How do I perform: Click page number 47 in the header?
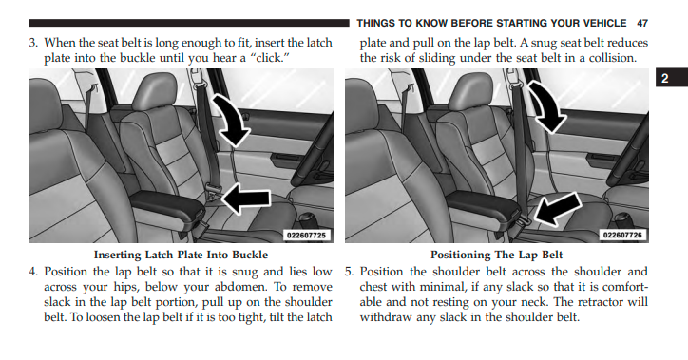[x=642, y=23]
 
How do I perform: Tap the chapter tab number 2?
[x=665, y=78]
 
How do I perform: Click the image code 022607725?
[x=306, y=236]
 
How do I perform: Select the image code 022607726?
[x=622, y=236]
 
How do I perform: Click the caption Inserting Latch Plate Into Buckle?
[x=181, y=255]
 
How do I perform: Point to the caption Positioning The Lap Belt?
[x=496, y=255]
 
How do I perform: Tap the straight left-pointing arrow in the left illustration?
[x=246, y=199]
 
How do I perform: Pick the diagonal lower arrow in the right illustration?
[x=556, y=209]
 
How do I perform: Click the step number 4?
[x=33, y=272]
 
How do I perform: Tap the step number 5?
[x=349, y=272]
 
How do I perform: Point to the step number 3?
[x=33, y=43]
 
